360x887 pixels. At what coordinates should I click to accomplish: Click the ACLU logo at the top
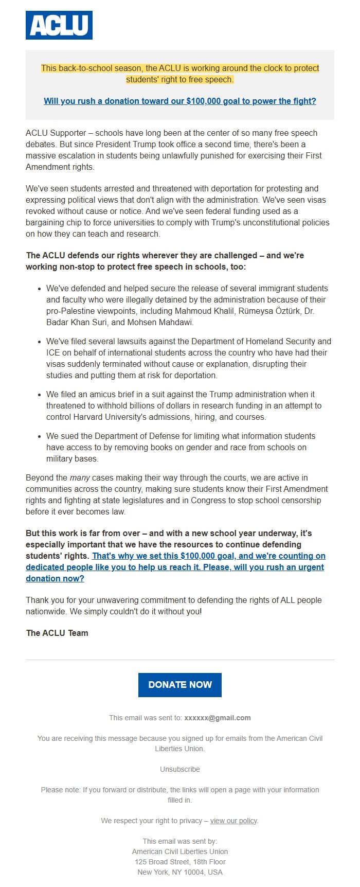click(x=59, y=25)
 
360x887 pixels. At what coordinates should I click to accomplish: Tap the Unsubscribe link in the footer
click(x=179, y=769)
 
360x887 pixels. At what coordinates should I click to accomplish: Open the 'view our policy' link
click(x=233, y=821)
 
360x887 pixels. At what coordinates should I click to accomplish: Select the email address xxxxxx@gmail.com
click(x=218, y=718)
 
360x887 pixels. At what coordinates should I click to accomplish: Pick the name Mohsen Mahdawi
click(x=161, y=323)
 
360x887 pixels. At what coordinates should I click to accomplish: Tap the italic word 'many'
click(x=80, y=478)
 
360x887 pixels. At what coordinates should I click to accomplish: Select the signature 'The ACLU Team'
click(x=57, y=633)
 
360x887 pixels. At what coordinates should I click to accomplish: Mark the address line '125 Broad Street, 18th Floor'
click(x=180, y=862)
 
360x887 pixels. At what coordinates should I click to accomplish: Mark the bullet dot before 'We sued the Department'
click(x=40, y=436)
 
